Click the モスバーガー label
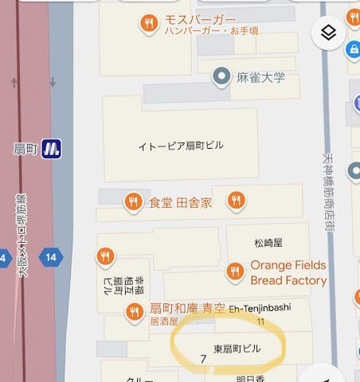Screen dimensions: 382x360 [200, 19]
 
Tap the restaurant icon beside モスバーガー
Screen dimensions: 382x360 [148, 24]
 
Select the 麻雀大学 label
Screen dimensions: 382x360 [260, 77]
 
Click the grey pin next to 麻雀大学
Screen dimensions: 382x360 [221, 76]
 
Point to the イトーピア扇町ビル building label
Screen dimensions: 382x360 [181, 146]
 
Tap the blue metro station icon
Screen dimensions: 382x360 [51, 148]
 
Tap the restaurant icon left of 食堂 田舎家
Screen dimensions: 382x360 [134, 202]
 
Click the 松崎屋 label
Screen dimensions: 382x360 [268, 242]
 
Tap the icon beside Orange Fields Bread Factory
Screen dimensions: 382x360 [234, 271]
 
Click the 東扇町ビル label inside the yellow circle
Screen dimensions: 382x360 [237, 349]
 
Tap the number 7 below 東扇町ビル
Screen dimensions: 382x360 [203, 359]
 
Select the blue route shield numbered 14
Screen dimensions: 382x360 [51, 256]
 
